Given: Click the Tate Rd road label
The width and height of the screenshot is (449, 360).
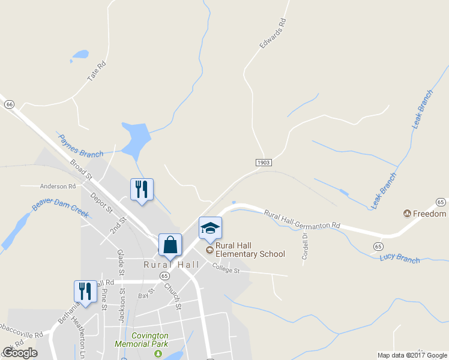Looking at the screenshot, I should pos(97,71).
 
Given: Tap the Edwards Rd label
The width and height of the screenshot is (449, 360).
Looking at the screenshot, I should pos(272,34).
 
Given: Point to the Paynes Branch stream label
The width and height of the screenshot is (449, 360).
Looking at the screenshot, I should pos(80,146).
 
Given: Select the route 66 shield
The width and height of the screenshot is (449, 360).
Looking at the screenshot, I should pos(8,104).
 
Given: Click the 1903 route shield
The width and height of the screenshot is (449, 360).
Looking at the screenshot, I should pos(264,163).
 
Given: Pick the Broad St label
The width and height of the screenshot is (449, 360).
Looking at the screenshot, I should pos(80,169).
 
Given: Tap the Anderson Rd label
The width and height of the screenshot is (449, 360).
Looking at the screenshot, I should pos(58,186).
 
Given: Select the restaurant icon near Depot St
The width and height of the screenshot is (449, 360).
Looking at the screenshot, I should pos(142,189).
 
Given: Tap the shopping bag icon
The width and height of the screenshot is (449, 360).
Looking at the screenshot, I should pos(170,245).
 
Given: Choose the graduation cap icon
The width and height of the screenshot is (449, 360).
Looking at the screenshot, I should pos(210,227).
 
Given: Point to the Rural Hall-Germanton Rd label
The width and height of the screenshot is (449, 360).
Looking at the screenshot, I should pos(302,220).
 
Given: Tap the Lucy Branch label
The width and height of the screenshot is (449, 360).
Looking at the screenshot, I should pos(400,259).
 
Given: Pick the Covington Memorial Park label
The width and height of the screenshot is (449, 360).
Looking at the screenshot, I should pos(142,340).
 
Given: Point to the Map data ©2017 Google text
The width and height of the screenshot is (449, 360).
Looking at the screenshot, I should pos(412,355).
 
